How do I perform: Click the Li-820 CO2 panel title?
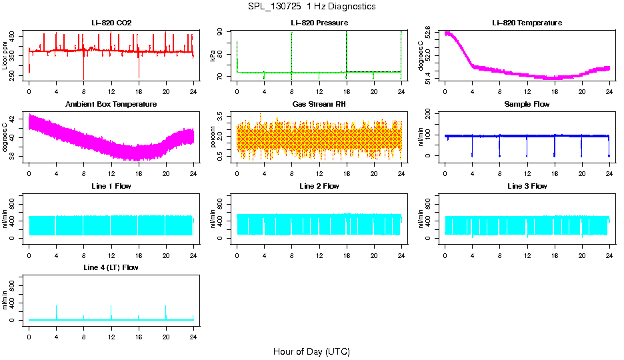click(x=111, y=23)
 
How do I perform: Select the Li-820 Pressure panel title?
click(x=319, y=23)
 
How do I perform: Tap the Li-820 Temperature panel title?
click(x=527, y=23)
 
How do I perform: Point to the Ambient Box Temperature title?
click(x=111, y=104)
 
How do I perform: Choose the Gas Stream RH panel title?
click(x=319, y=104)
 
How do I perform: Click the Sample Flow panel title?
click(x=527, y=104)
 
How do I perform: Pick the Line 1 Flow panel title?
click(x=111, y=186)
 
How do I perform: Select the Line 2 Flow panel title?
click(x=319, y=186)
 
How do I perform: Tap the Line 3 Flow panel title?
click(x=527, y=186)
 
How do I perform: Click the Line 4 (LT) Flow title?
click(x=111, y=267)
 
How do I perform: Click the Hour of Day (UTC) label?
click(x=311, y=351)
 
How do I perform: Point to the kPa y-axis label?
click(x=213, y=55)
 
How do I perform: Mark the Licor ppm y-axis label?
click(x=5, y=55)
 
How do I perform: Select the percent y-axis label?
click(x=213, y=137)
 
